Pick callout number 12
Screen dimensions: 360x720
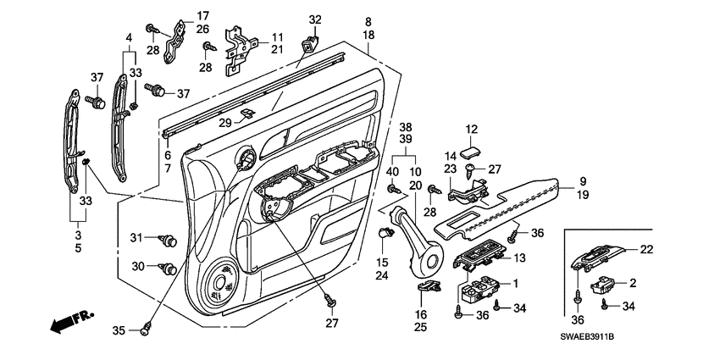tap(472, 129)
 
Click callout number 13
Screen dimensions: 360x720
tap(520, 258)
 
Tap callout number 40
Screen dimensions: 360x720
tap(392, 173)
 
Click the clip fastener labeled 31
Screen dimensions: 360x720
tap(169, 241)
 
